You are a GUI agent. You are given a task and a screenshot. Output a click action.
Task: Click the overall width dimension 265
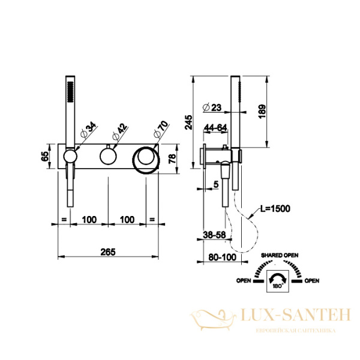108,252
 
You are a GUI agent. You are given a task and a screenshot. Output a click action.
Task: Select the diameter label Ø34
88,130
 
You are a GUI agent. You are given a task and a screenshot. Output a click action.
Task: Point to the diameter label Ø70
161,130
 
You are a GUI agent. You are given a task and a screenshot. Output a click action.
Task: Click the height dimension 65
45,157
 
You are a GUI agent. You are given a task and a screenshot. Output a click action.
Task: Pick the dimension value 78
172,158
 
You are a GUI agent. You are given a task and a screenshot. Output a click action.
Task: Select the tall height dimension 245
189,122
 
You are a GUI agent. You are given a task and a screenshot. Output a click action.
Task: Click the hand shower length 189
262,112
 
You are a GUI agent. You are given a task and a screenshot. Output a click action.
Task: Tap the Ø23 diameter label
212,107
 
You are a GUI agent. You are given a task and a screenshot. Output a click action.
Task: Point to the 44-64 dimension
215,128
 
